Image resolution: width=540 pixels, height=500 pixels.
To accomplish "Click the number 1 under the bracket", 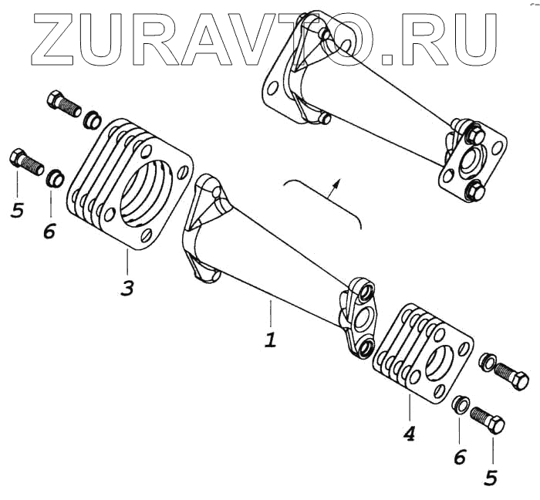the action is [x=269, y=340].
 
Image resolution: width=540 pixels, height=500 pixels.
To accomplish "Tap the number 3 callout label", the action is [x=127, y=289].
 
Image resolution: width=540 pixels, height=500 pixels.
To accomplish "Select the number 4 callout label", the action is [x=409, y=434].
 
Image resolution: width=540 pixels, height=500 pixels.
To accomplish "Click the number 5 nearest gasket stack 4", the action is [x=491, y=478].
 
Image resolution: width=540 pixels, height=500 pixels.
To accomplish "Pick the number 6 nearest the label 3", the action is [x=49, y=229].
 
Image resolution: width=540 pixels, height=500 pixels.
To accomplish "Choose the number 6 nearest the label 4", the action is [x=460, y=457].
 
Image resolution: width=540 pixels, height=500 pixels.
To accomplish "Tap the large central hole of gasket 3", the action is [x=147, y=197].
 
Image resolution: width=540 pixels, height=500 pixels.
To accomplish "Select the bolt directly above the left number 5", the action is [x=26, y=161].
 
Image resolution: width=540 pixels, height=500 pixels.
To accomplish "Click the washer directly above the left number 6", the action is [x=54, y=179].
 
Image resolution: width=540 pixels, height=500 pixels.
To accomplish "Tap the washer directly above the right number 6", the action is [x=460, y=403].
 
